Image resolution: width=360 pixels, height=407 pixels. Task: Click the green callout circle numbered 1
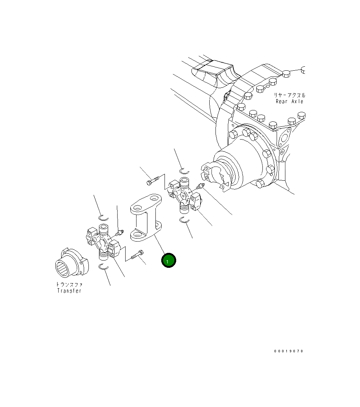(169, 261)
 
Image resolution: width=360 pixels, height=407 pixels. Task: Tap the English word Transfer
(69, 291)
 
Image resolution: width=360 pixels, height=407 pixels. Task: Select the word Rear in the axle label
(282, 101)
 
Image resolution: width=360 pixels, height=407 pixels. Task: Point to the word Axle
(297, 101)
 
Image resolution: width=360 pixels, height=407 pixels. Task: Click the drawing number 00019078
(289, 351)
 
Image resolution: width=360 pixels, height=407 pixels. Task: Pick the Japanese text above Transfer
(69, 284)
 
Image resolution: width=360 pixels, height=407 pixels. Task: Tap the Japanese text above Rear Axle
(290, 95)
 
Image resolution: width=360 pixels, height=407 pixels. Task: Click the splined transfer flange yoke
(72, 263)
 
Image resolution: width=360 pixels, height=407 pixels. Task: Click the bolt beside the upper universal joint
(153, 181)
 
